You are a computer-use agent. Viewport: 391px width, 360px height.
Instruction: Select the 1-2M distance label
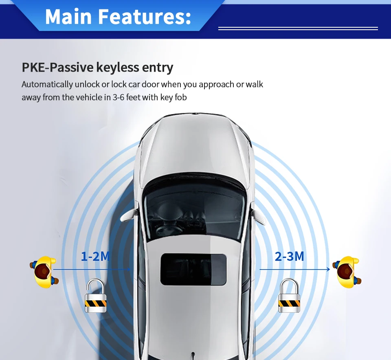point(95,257)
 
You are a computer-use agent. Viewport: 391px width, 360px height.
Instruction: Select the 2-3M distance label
point(289,257)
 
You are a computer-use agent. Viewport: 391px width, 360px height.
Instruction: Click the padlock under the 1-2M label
point(96,296)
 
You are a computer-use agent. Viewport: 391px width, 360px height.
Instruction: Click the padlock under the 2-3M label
point(289,296)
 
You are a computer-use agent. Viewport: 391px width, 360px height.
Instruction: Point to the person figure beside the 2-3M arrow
point(347,272)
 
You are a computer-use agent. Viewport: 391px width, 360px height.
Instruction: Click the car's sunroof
point(193,269)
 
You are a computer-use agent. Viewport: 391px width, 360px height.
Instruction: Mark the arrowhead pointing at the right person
point(328,269)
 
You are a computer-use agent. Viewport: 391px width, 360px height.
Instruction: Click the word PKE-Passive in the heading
point(57,68)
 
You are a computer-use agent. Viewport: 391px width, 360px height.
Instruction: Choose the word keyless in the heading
point(118,68)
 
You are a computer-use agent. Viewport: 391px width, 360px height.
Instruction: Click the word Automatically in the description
point(47,85)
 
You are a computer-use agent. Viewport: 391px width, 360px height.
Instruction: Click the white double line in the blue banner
point(298,29)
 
